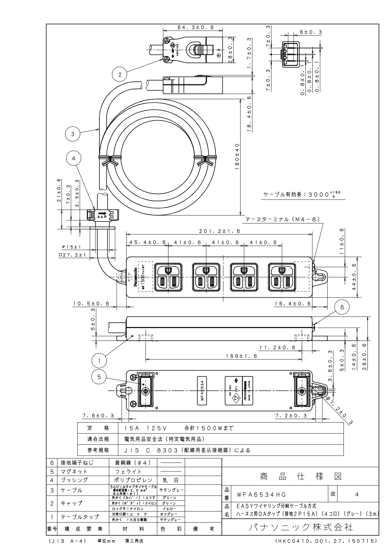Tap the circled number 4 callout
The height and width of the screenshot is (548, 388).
click(x=73, y=158)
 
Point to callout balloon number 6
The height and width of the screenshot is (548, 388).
click(x=342, y=307)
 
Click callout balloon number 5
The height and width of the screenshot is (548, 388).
click(x=100, y=377)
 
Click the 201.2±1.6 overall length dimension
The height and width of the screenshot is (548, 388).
click(x=220, y=231)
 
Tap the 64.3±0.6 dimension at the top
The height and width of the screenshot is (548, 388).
click(x=195, y=28)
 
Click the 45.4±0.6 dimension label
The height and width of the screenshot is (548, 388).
click(x=148, y=242)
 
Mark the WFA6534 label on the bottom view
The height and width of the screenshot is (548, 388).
click(x=202, y=390)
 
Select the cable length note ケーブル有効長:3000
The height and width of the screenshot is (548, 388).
click(x=302, y=194)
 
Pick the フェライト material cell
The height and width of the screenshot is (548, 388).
click(x=133, y=471)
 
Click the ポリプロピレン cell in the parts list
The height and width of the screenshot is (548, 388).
click(x=133, y=480)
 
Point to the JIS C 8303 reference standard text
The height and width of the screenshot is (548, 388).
click(x=187, y=450)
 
